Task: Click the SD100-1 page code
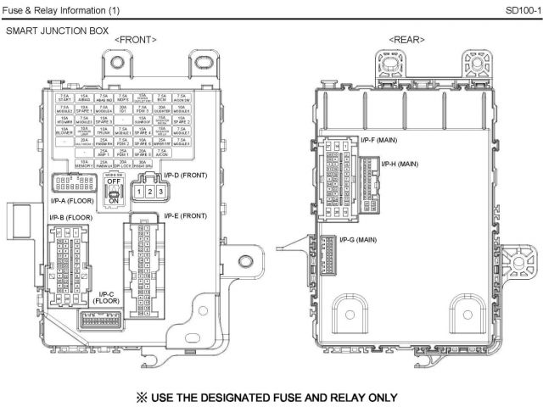pos(519,9)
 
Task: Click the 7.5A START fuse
pos(64,98)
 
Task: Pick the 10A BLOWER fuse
pos(64,131)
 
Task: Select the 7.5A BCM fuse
pos(161,98)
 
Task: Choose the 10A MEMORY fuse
pos(83,164)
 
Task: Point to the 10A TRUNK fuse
pos(103,131)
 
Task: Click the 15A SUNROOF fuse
pos(142,120)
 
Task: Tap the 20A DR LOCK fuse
pos(122,164)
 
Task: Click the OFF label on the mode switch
pos(113,180)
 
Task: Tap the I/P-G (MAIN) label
pos(356,240)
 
